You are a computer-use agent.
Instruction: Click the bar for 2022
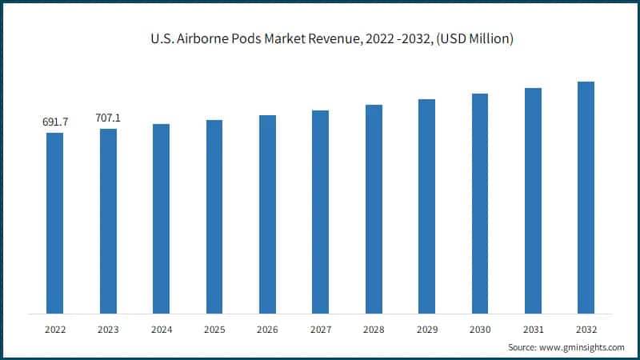pyautogui.click(x=54, y=223)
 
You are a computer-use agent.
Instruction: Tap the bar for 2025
pyautogui.click(x=214, y=217)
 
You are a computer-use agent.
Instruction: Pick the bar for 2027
pyautogui.click(x=320, y=212)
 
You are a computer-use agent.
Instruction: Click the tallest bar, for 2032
pyautogui.click(x=586, y=198)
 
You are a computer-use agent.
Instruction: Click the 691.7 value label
pyautogui.click(x=54, y=122)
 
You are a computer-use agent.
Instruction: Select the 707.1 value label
pyautogui.click(x=108, y=118)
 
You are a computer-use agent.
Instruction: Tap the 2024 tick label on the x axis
pyautogui.click(x=161, y=329)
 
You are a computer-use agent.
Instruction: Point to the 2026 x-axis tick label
pyautogui.click(x=267, y=329)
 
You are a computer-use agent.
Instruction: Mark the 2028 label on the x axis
pyautogui.click(x=374, y=329)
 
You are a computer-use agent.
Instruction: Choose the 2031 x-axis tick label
pyautogui.click(x=533, y=329)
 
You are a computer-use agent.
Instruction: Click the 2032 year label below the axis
pyautogui.click(x=586, y=329)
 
